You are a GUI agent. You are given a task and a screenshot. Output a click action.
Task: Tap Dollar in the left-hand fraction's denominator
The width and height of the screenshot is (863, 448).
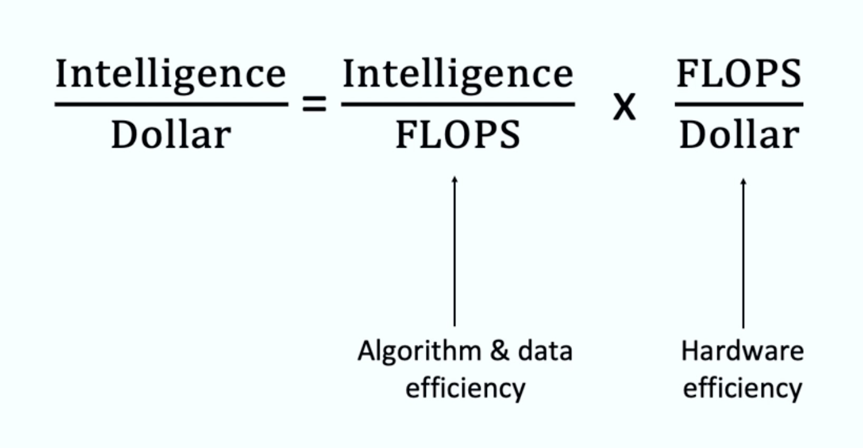[x=171, y=134]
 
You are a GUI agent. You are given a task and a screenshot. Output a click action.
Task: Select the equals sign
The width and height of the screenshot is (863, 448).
[x=315, y=105]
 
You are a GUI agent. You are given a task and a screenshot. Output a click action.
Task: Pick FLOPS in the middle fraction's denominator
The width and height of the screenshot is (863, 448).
[x=458, y=134]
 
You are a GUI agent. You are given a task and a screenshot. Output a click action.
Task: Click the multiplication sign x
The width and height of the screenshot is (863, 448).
[x=624, y=108]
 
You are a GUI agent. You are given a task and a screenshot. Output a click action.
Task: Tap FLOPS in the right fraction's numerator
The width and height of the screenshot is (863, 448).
[x=738, y=74]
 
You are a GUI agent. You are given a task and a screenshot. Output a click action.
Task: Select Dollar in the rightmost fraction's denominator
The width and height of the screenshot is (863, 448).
[x=739, y=134]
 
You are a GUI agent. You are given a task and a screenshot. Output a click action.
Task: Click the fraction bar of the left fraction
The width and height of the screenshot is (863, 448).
[x=171, y=104]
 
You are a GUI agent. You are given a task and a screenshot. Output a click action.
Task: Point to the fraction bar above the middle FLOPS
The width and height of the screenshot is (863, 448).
[x=458, y=104]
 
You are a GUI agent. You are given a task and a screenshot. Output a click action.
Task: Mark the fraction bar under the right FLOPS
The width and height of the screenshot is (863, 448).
[x=738, y=104]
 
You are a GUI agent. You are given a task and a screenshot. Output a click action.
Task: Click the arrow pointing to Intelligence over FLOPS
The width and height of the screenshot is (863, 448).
[x=454, y=250]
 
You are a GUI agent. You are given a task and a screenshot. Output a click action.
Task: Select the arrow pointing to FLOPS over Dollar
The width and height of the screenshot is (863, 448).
[x=743, y=250]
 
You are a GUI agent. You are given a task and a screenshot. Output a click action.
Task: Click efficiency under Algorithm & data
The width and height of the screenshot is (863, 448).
[x=465, y=388]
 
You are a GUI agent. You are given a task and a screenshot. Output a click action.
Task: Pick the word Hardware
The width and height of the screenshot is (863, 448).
[x=742, y=352]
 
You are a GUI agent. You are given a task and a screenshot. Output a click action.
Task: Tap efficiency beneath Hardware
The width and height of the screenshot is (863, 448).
[x=742, y=388]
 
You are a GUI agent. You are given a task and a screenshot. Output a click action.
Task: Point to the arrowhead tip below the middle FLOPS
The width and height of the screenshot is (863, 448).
[x=454, y=178]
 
